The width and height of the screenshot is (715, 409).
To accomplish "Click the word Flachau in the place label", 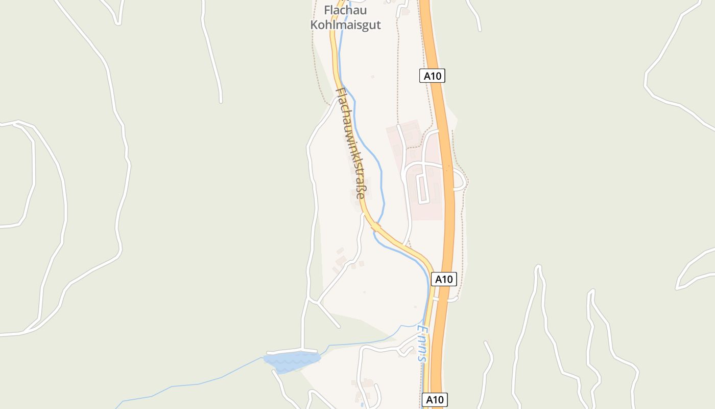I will click(x=345, y=10).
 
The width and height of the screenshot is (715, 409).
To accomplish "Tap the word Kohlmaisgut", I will click(x=345, y=25).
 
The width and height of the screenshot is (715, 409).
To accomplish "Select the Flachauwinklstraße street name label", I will click(x=351, y=143).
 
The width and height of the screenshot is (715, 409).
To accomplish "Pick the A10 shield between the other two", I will click(x=443, y=279).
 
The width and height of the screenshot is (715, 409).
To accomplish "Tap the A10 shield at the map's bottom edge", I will click(x=435, y=399).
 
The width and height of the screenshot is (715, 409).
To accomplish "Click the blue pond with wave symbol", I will click(x=291, y=361).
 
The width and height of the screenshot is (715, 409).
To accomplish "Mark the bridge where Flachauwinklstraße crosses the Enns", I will click(x=376, y=226).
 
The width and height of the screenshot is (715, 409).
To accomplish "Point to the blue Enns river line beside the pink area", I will click(x=380, y=174).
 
